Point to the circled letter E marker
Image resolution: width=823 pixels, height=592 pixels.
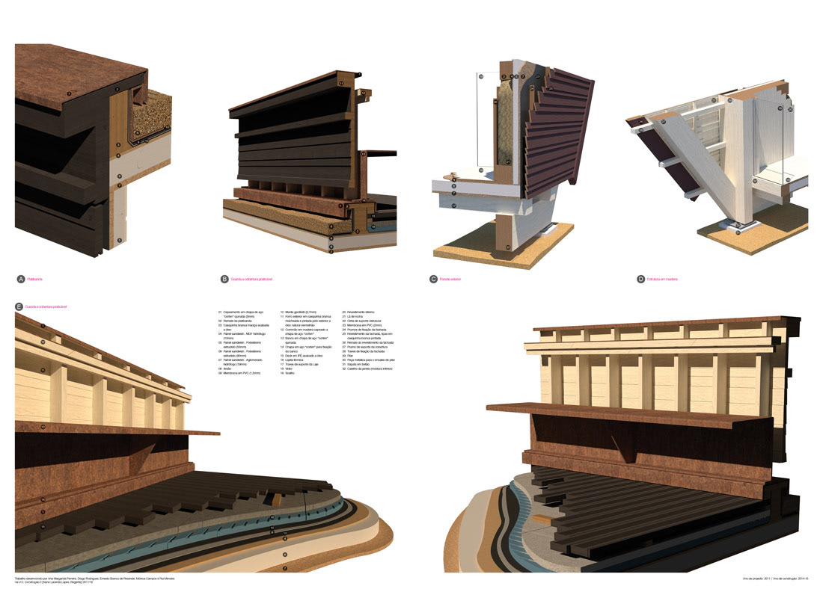pos(19,306)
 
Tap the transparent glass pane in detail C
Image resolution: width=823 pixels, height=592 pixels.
pos(486,120)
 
